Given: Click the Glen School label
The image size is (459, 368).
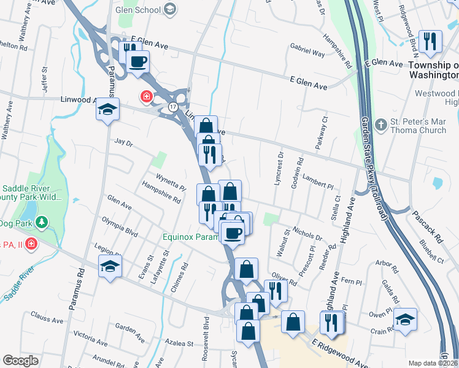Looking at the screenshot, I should tap(138, 10).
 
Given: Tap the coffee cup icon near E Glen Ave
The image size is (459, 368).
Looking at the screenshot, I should tap(138, 61).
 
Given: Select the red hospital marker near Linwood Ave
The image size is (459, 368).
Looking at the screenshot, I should tap(146, 96).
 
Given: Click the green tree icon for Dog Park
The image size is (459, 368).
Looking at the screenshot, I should tap(41, 221).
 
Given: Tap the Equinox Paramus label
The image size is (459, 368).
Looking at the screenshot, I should tap(190, 237).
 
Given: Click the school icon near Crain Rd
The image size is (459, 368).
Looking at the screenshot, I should tap(405, 320).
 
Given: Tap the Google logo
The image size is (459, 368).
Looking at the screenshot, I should tap(20, 361).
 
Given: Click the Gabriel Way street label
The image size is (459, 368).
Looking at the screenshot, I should tap(307, 53).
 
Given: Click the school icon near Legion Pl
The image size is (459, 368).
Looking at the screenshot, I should tap(110, 266).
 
